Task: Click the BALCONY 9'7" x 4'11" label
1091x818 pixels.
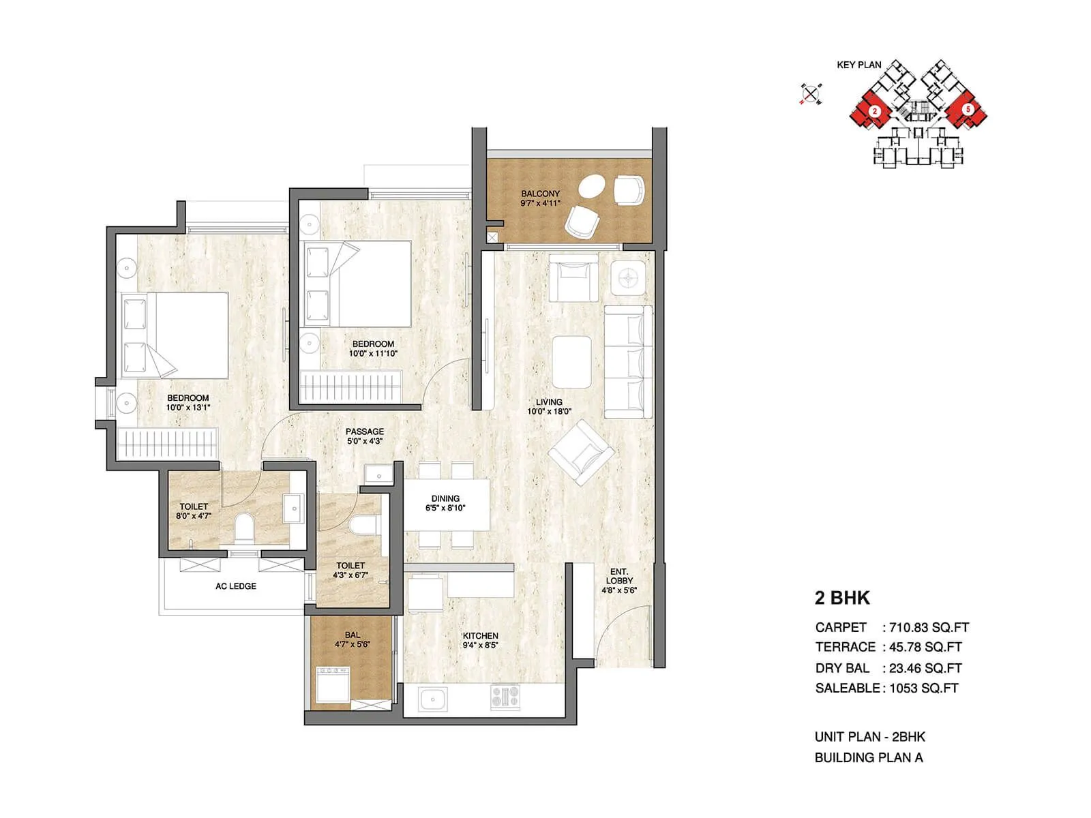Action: (x=540, y=198)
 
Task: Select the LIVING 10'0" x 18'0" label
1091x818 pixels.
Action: (x=549, y=407)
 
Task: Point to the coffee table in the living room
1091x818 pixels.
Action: (x=571, y=361)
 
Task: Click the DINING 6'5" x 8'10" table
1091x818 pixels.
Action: (x=447, y=504)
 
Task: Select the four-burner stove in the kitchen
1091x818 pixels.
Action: (x=505, y=696)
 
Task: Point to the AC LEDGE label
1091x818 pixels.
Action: (x=236, y=586)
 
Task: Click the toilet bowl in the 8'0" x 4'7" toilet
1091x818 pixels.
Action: (x=243, y=528)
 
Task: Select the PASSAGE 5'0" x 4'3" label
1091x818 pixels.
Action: (x=364, y=436)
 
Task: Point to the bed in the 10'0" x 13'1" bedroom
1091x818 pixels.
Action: (x=175, y=335)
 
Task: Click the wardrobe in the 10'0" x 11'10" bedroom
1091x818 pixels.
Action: (x=352, y=387)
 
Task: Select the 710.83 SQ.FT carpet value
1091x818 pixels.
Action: (x=929, y=628)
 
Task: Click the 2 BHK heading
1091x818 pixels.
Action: (x=842, y=598)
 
